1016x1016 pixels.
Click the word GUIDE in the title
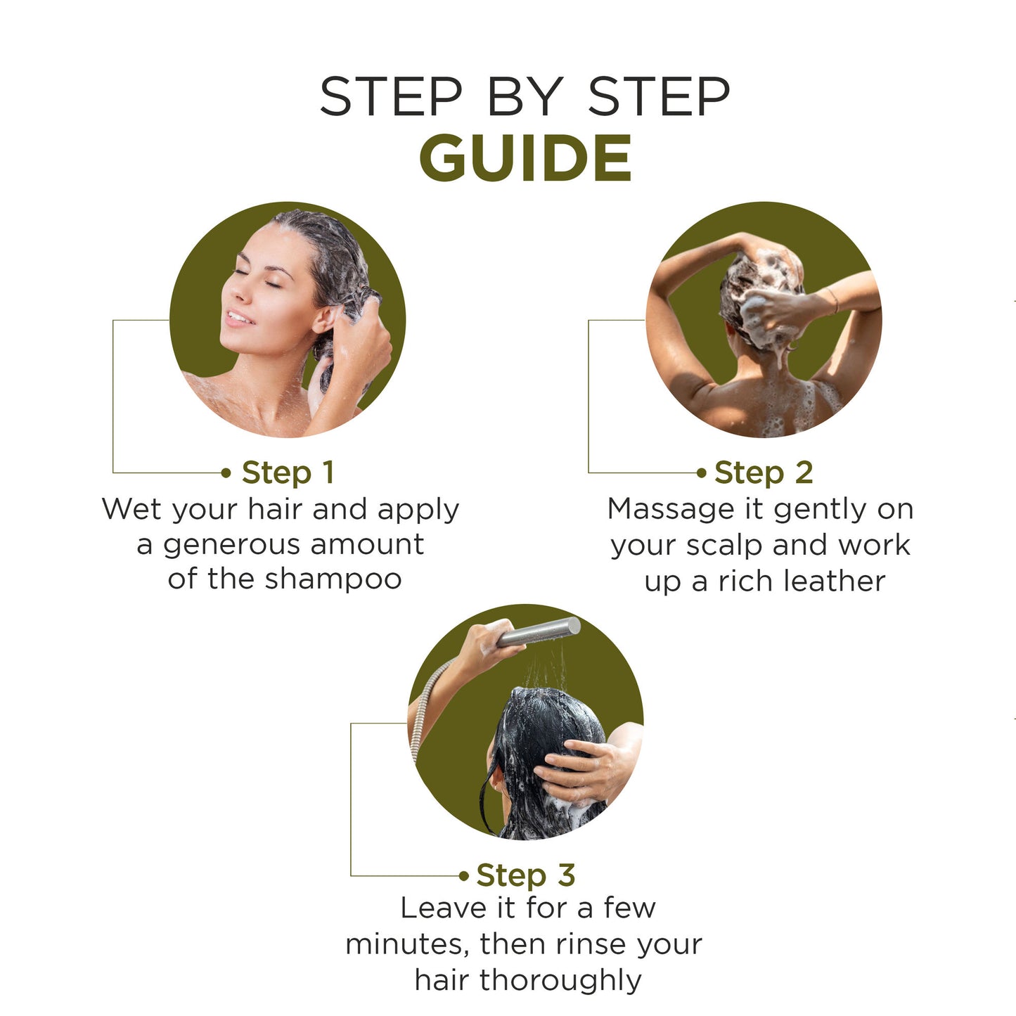pyautogui.click(x=525, y=157)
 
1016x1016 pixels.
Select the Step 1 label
pyautogui.click(x=288, y=472)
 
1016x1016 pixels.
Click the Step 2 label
pyautogui.click(x=764, y=472)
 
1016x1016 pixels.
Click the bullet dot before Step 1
pyautogui.click(x=226, y=473)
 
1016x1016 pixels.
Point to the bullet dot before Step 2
pyautogui.click(x=701, y=473)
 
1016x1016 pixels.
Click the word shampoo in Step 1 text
pyautogui.click(x=333, y=580)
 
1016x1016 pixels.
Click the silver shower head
pyautogui.click(x=539, y=632)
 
